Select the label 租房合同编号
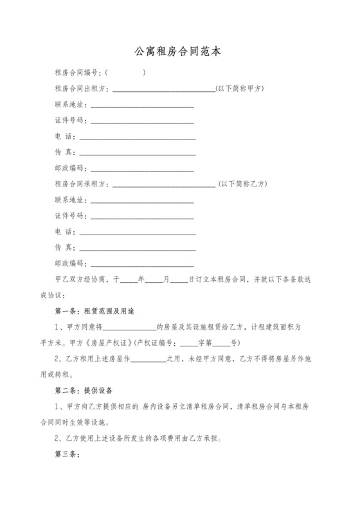pyautogui.click(x=78, y=72)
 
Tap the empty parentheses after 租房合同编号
pyautogui.click(x=125, y=72)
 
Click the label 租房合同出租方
pyautogui.click(x=82, y=88)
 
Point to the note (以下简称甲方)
pyautogui.click(x=241, y=88)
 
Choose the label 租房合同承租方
pyautogui.click(x=82, y=184)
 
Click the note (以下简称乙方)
pyautogui.click(x=243, y=184)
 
